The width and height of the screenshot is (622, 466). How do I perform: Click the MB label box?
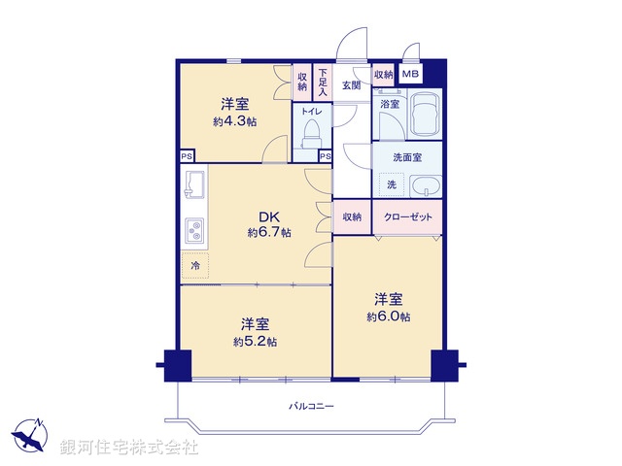pos(411,74)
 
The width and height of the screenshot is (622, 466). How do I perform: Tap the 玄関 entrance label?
pos(352,85)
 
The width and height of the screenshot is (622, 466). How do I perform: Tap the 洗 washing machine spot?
pos(392,184)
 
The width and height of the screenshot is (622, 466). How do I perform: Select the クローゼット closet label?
pos(408,217)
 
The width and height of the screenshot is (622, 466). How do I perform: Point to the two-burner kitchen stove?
pos(194,231)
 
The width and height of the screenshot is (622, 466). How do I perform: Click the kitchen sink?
pos(192,182)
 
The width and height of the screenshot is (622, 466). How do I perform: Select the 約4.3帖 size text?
pos(235,121)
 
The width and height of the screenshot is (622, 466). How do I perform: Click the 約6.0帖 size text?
pos(388,316)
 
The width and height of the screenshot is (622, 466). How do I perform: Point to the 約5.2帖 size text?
pos(255,341)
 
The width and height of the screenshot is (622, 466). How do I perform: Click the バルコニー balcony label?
pos(311,405)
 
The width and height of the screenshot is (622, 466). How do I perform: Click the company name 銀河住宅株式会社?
pos(129,448)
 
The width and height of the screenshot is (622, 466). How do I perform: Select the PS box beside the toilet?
pos(325,156)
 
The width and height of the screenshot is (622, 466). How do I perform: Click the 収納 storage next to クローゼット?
pos(352,217)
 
